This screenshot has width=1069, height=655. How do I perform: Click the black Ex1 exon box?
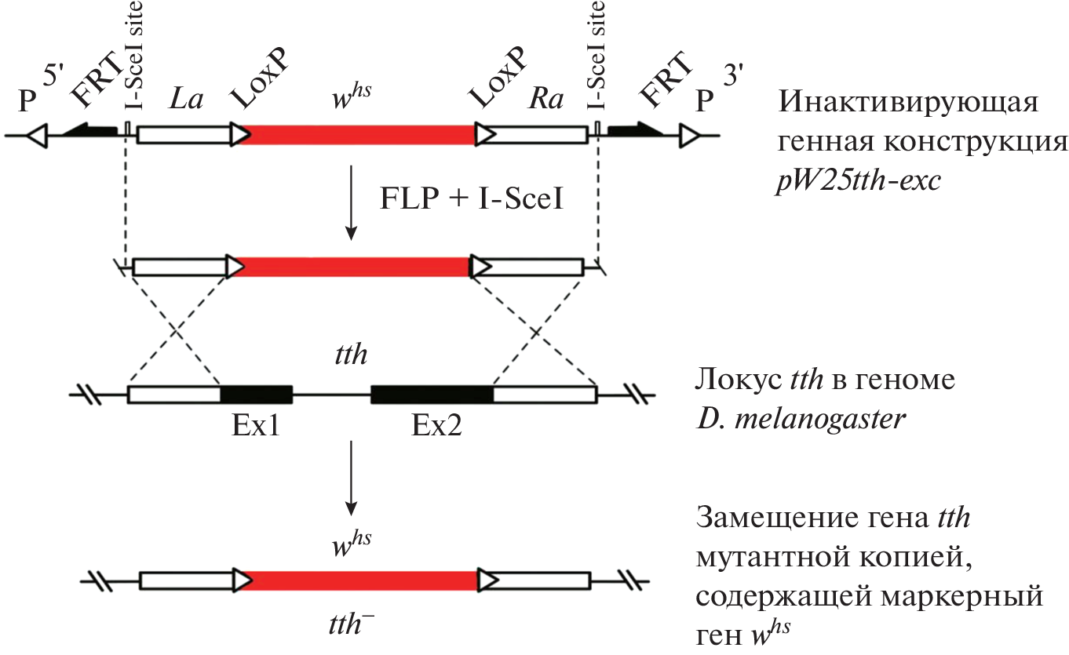point(256,394)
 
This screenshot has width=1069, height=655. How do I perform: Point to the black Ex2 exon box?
point(432,394)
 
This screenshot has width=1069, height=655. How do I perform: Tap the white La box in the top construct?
point(182,135)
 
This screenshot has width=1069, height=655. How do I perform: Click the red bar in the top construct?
point(358,135)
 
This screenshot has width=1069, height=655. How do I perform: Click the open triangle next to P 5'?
point(37,136)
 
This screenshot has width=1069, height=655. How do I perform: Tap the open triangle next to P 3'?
point(689,136)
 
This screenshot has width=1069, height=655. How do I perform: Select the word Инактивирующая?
point(907,103)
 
